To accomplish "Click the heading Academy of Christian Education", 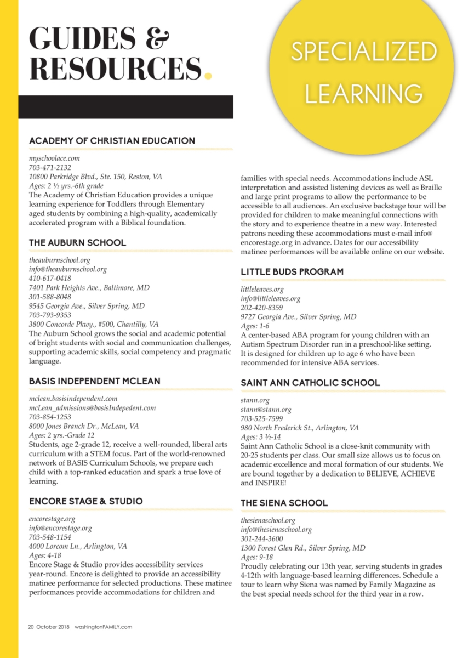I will coord(112,141).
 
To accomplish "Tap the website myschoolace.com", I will coord(54,158).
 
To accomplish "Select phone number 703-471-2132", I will coord(50,167).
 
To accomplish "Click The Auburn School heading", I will coord(77,242).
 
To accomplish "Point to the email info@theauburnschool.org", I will coord(67,269).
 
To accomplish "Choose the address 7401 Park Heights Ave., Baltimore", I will coord(89,287).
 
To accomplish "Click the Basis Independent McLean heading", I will coord(95,381).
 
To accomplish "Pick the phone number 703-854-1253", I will coord(50,417).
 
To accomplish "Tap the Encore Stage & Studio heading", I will coord(85,501).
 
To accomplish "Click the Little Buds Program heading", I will coord(292,272).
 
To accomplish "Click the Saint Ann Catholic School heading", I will coord(310,383).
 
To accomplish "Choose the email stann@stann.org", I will coord(266,410).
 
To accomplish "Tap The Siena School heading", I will coord(284,503).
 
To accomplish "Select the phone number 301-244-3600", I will coord(262,539).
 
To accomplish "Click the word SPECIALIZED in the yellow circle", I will coord(364,52).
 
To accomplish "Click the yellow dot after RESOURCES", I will coord(208,74).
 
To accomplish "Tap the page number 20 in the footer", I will coord(31,627).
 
